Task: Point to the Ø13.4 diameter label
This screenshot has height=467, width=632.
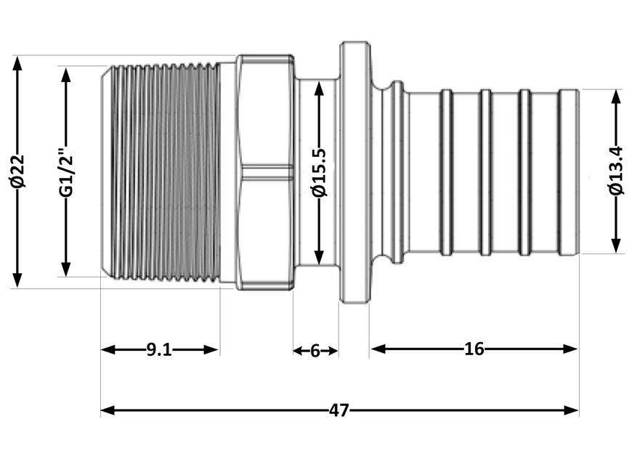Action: (616, 171)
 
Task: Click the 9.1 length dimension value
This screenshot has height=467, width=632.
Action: (159, 350)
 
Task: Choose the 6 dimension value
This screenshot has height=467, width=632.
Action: (315, 351)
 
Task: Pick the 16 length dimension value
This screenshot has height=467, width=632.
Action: (474, 349)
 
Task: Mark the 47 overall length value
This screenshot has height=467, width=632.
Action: (339, 410)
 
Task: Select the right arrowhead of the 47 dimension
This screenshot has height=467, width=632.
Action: (571, 410)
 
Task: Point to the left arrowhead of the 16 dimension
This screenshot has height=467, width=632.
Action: (378, 349)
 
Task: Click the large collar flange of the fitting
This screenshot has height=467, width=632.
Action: (355, 172)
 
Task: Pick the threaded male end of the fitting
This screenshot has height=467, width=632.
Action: (161, 171)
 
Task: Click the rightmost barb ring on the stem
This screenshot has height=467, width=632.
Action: (569, 172)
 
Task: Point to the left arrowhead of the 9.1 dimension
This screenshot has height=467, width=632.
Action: (108, 350)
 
